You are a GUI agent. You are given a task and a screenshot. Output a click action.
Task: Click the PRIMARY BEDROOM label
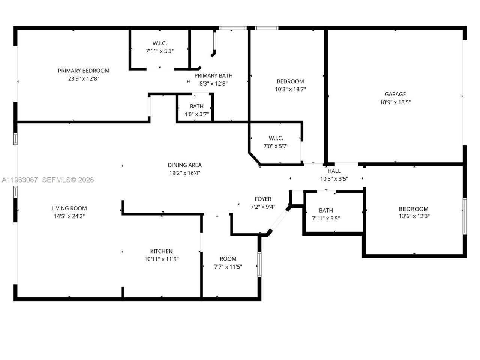(84, 70)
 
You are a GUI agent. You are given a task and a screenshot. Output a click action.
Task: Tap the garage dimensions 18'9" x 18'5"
(395, 102)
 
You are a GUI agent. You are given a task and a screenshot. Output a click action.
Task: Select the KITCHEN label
(161, 251)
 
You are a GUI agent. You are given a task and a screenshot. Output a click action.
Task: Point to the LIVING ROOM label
(69, 208)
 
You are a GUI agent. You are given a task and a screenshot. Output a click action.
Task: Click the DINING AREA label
(184, 165)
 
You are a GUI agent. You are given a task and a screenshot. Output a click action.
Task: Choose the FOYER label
(263, 199)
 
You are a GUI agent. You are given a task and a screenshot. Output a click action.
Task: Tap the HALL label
(334, 171)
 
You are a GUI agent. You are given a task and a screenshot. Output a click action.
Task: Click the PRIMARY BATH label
(213, 76)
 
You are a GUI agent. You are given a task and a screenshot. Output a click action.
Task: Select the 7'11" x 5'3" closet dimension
(160, 51)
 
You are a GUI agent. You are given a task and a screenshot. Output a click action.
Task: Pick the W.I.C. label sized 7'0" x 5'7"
(276, 138)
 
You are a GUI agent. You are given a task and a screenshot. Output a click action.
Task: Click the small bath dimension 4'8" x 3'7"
(196, 114)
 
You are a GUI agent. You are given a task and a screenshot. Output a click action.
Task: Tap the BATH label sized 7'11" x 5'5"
(326, 210)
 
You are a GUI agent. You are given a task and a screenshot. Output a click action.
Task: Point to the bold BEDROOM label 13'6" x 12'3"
(413, 209)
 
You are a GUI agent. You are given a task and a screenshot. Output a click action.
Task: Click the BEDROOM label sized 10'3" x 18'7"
(290, 81)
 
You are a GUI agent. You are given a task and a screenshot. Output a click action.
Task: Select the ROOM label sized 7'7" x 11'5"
(228, 259)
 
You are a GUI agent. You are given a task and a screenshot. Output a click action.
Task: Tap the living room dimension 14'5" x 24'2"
(69, 216)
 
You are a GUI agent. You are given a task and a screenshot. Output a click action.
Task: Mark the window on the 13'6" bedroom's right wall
(464, 216)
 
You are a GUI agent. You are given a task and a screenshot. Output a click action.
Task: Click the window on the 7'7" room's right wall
(259, 264)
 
